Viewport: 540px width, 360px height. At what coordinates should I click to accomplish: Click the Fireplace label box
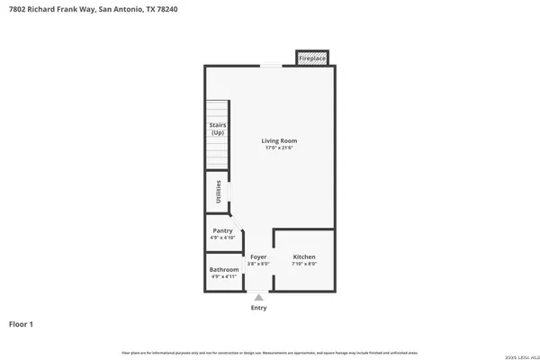click(x=311, y=58)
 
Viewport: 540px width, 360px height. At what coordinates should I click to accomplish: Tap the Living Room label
click(x=279, y=140)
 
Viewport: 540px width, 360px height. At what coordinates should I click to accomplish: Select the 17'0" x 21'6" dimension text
click(x=279, y=148)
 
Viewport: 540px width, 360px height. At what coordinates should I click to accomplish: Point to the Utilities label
click(x=218, y=192)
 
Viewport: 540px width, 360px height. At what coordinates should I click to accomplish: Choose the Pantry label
click(x=222, y=230)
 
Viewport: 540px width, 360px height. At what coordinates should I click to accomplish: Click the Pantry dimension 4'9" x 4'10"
click(x=222, y=238)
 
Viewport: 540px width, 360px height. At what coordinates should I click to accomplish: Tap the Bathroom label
click(x=224, y=269)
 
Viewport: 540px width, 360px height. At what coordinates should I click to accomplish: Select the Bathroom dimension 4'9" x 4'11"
click(x=224, y=276)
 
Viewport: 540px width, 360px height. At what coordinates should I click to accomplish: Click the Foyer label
click(x=258, y=256)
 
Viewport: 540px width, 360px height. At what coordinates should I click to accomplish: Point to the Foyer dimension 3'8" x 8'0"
click(x=258, y=264)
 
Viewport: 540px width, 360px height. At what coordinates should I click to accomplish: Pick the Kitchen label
click(x=303, y=256)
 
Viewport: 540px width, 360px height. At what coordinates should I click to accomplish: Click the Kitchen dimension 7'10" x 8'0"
click(x=303, y=264)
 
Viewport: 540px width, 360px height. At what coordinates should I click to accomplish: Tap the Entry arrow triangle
click(x=258, y=296)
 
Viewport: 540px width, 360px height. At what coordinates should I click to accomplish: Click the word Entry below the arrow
click(x=258, y=308)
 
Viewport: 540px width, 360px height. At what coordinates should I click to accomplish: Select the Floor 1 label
click(x=22, y=323)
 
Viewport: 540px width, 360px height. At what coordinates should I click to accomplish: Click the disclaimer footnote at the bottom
click(x=269, y=350)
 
